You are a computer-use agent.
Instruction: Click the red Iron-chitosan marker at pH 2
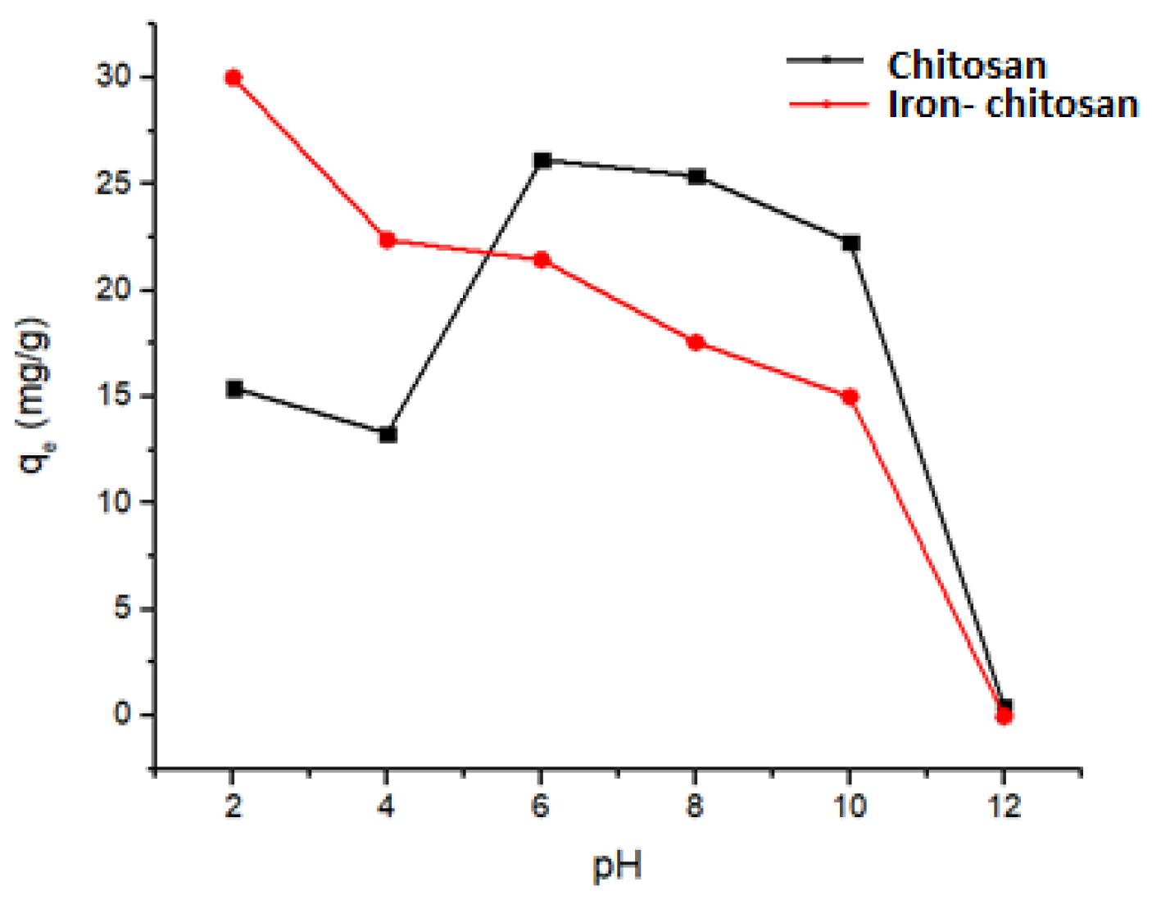234,78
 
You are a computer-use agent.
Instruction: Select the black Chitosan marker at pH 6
542,160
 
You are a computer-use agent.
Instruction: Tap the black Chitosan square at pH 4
388,434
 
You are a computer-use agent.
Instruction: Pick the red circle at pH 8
696,342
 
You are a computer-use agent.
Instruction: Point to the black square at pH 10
851,243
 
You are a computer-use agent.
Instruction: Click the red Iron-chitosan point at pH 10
850,397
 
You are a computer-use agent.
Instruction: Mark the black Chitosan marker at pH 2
234,389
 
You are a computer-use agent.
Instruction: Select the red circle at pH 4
387,240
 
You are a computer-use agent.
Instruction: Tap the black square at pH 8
697,176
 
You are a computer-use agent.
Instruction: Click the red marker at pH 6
542,260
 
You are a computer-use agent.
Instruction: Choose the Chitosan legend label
967,65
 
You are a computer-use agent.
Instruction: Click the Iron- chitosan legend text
1013,104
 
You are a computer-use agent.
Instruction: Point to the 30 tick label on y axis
113,77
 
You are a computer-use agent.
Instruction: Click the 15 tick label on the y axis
113,396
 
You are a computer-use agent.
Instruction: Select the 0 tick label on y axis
122,714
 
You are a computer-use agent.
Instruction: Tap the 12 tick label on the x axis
1005,807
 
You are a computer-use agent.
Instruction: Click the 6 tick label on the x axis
540,807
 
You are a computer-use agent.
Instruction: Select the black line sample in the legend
825,60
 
